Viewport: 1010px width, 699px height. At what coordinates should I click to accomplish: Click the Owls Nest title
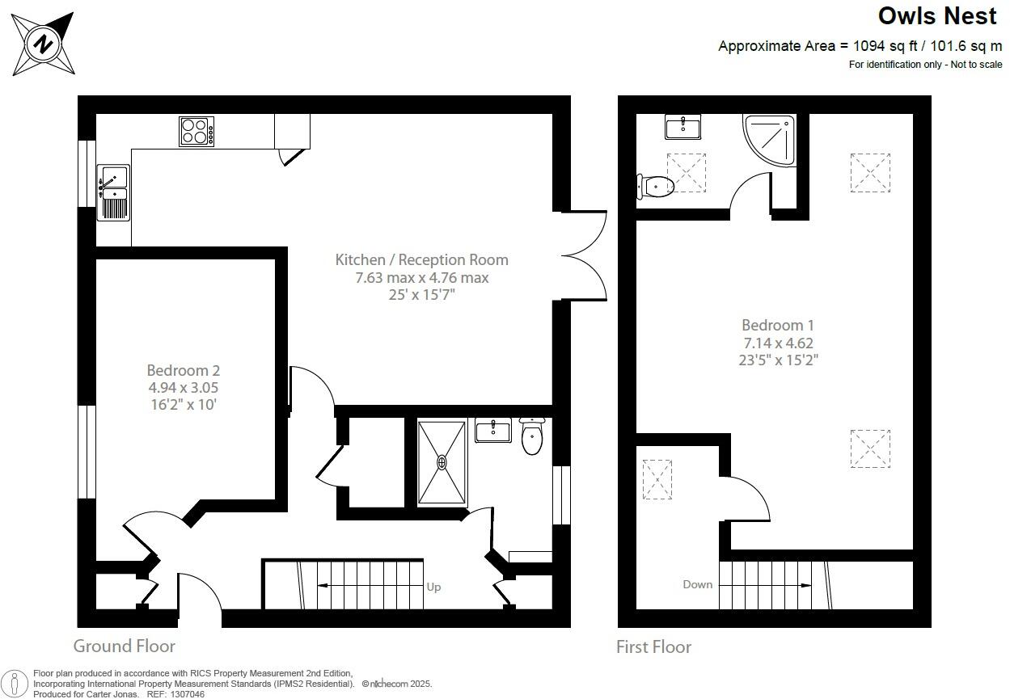pos(937,16)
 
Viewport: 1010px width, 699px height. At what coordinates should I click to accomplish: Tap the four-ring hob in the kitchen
pos(197,132)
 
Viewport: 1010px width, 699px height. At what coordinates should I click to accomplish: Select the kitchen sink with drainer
pos(113,192)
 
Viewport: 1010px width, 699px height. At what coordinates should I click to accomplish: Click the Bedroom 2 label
pos(183,370)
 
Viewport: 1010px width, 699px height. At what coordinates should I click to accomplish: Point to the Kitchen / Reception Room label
pos(421,259)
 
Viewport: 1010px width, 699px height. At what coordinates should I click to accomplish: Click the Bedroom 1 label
pos(777,325)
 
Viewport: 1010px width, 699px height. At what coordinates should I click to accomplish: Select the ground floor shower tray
pos(442,462)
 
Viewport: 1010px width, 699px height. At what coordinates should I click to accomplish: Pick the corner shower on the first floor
pos(770,140)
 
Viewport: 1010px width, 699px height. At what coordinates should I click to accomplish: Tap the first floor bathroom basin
pos(683,127)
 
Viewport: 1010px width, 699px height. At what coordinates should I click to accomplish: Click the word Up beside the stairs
pos(433,587)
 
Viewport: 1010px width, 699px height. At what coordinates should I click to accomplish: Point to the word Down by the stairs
pos(697,584)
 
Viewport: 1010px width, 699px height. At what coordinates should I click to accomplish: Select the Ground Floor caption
pos(124,646)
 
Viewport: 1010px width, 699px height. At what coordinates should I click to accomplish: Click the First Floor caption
pos(653,646)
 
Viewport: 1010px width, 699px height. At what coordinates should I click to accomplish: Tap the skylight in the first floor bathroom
pos(686,172)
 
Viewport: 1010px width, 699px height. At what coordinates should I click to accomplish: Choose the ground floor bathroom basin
pos(492,431)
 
